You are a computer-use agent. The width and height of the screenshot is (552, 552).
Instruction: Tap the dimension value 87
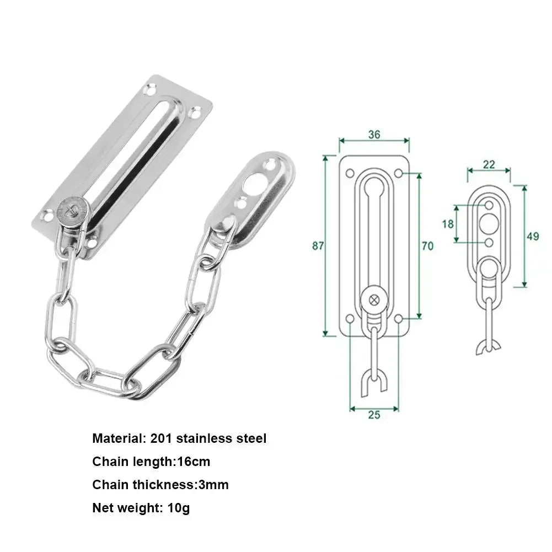click(318, 246)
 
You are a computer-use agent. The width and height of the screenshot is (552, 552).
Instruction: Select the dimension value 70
click(427, 246)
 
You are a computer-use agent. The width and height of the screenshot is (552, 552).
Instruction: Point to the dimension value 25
click(374, 415)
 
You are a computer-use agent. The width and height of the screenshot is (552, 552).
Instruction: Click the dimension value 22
click(489, 164)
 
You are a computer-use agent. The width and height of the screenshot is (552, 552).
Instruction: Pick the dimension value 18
click(448, 224)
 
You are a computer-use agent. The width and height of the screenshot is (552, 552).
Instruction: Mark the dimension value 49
click(533, 237)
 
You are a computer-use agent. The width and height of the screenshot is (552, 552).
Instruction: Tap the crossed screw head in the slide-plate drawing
click(374, 299)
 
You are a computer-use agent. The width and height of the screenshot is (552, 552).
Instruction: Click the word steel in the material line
click(250, 439)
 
